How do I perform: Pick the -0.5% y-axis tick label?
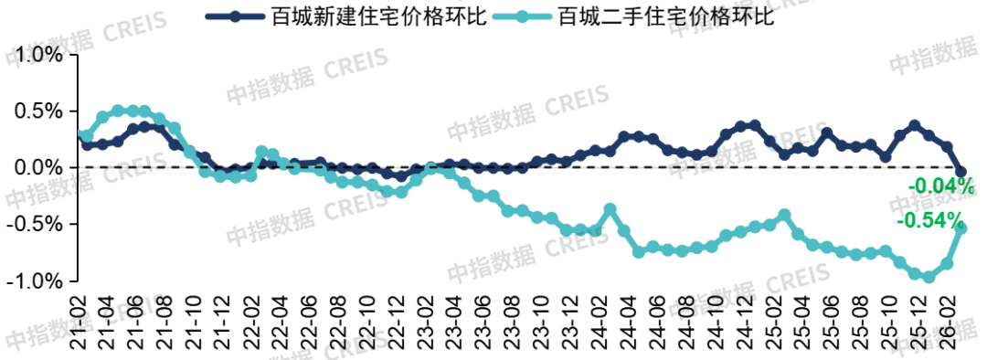pos(34,225)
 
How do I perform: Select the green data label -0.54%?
pos(930,221)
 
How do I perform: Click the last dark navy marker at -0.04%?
pos(960,172)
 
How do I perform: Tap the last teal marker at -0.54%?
pos(960,228)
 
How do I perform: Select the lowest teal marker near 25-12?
pos(929,277)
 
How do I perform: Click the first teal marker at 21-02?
pos(84,135)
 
